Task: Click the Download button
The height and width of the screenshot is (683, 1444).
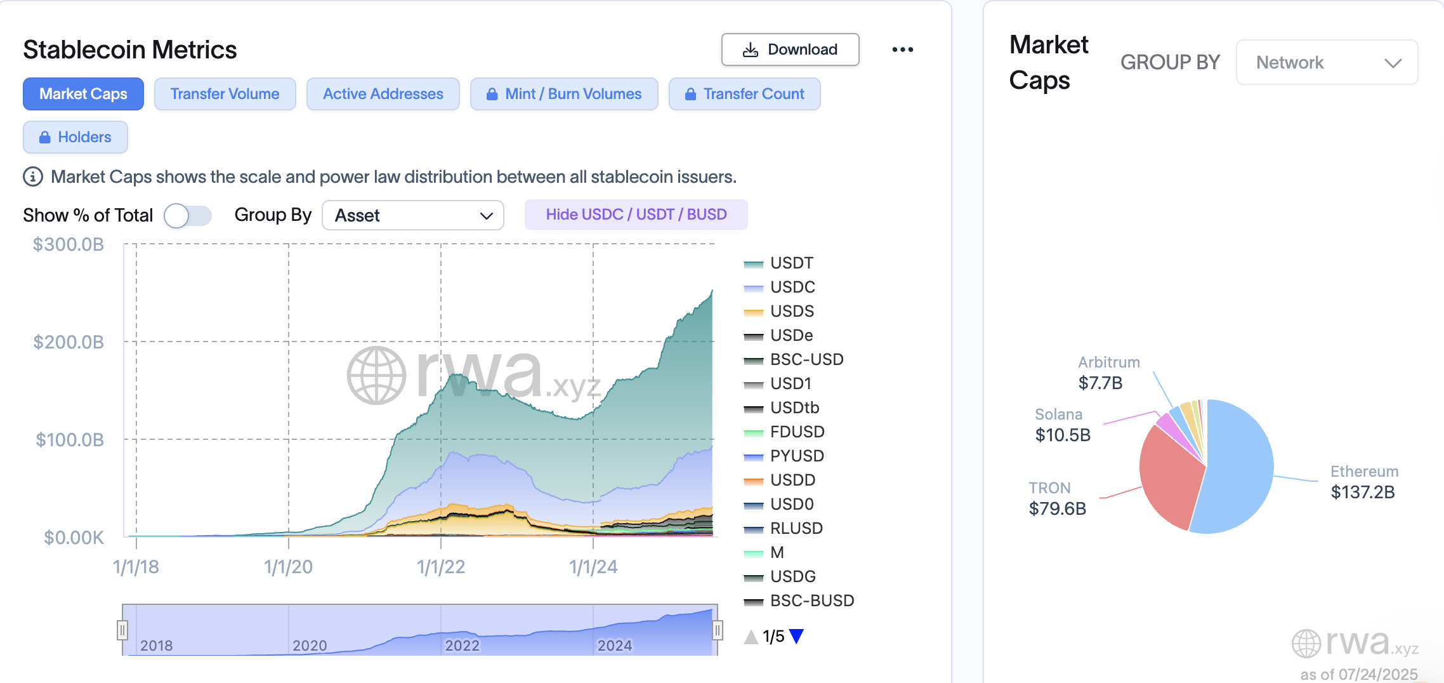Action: tap(790, 50)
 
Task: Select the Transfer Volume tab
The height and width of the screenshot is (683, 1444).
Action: tap(225, 94)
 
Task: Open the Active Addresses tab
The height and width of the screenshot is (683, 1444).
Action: tap(383, 94)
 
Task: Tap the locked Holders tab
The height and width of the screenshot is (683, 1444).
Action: tap(75, 137)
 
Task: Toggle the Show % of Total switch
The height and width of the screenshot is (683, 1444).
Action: tap(187, 216)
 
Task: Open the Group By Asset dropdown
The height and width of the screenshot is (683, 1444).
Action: tap(412, 216)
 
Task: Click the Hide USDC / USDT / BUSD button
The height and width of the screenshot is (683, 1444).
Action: tap(636, 215)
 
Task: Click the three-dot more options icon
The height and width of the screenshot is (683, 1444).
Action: tap(902, 50)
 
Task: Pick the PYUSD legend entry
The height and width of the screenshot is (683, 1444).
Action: tap(796, 456)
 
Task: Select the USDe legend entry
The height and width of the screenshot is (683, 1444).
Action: tap(791, 335)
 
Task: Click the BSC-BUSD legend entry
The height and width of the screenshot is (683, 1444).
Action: tap(811, 600)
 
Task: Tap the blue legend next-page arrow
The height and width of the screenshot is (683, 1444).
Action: tap(797, 636)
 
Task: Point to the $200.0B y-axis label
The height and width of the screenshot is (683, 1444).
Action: tap(69, 342)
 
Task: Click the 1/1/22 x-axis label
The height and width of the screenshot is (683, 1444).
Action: tap(441, 567)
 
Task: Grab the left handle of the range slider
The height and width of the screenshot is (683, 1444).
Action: tap(122, 630)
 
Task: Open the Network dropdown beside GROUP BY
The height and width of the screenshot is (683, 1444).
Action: tap(1327, 62)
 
